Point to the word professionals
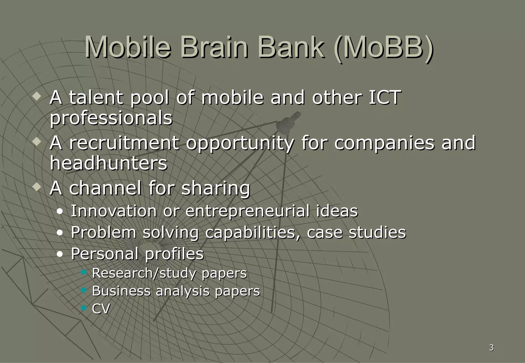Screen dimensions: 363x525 (111, 118)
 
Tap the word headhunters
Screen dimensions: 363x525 (108, 163)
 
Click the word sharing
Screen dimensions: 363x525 (215, 188)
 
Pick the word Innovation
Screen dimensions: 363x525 (114, 211)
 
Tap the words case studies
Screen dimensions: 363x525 (356, 232)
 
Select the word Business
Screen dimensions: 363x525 (121, 291)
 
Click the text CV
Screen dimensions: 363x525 (101, 309)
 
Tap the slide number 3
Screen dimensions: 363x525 (491, 348)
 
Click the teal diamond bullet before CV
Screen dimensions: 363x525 (84, 308)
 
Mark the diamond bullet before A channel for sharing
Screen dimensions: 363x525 (37, 187)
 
